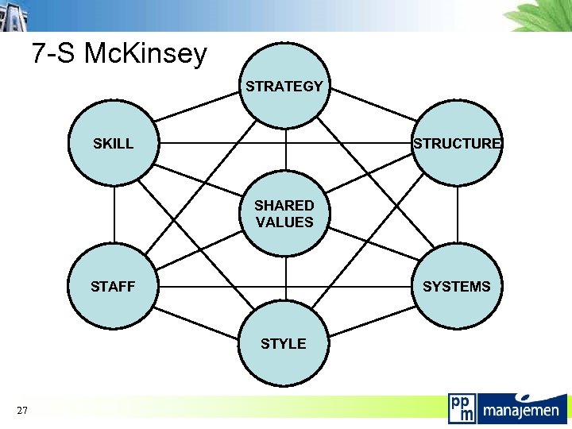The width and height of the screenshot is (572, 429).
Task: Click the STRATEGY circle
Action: [284, 86]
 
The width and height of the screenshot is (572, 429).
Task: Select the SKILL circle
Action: [114, 144]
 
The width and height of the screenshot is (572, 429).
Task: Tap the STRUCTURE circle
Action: [457, 144]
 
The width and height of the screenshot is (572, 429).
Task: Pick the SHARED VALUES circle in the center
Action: [284, 214]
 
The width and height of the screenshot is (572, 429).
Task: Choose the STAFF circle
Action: [114, 286]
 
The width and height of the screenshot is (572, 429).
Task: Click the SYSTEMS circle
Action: [457, 286]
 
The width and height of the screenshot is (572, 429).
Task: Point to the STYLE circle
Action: [284, 343]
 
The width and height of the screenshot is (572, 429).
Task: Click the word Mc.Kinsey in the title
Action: [145, 54]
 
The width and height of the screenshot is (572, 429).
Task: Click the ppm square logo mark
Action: [462, 408]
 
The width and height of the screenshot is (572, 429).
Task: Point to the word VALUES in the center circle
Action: [284, 222]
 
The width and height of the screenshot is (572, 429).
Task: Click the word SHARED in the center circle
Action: [284, 205]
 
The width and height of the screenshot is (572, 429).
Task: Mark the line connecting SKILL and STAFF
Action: [114, 214]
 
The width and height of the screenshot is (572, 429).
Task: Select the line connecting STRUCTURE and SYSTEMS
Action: [458, 214]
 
